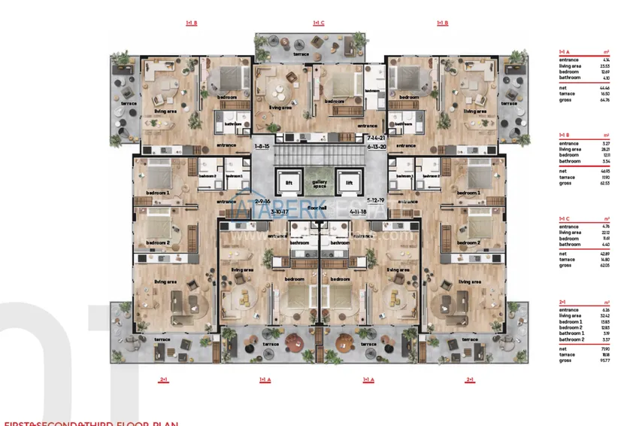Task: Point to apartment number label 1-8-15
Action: point(262,146)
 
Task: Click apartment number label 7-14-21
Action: point(377,139)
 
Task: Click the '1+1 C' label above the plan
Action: point(319,23)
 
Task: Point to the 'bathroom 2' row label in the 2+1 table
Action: point(571,340)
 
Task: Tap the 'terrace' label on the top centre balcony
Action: point(301,55)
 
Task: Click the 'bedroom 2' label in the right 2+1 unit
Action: point(468,242)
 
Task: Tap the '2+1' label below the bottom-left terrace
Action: point(162,380)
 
